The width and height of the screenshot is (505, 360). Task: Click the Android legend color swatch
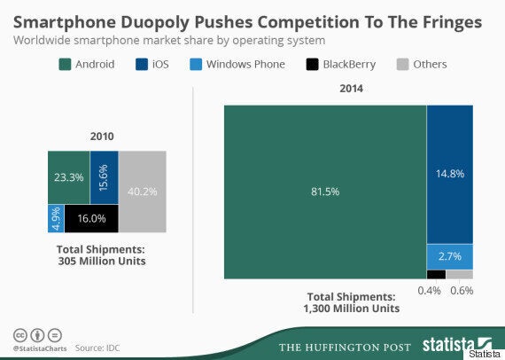[65, 64]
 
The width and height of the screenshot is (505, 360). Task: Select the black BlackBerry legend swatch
[312, 64]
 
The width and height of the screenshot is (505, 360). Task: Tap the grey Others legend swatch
[402, 64]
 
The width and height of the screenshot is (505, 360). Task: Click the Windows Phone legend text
[245, 64]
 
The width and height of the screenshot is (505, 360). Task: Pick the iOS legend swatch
[142, 64]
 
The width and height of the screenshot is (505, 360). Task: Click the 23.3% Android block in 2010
[69, 177]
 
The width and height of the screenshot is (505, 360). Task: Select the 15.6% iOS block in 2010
[104, 177]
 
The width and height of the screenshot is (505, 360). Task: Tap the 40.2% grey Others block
[143, 192]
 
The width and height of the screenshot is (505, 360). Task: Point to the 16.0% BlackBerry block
[91, 218]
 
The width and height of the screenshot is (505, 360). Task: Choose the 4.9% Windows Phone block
[56, 218]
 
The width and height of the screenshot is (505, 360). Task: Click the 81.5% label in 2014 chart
[325, 192]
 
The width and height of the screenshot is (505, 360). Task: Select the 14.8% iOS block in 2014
[450, 175]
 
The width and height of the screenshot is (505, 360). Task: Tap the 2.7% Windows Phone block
[450, 257]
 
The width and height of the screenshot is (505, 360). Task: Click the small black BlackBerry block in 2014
[437, 274]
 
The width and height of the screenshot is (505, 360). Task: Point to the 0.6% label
[462, 290]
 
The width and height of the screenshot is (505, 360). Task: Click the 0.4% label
[429, 290]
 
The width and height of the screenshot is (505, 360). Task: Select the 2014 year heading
[351, 89]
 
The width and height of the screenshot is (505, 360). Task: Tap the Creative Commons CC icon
[20, 335]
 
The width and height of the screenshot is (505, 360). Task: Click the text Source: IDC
[97, 348]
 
